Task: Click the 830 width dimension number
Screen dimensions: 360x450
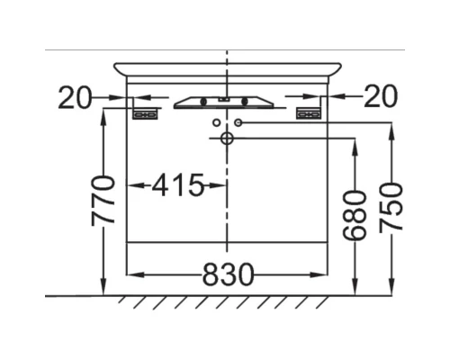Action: pyautogui.click(x=228, y=273)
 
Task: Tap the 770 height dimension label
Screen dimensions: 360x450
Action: pyautogui.click(x=105, y=201)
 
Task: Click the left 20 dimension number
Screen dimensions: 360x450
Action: pyautogui.click(x=75, y=97)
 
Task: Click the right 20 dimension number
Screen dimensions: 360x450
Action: pyautogui.click(x=379, y=97)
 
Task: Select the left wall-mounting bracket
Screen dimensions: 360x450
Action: pyautogui.click(x=146, y=112)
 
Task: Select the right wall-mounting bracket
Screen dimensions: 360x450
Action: pyautogui.click(x=309, y=112)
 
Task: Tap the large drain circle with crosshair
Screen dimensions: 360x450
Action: pyautogui.click(x=227, y=138)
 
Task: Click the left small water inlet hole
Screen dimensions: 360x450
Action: pyautogui.click(x=216, y=121)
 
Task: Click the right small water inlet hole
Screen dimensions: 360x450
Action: pyautogui.click(x=238, y=121)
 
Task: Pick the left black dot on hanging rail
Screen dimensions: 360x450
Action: pyautogui.click(x=204, y=101)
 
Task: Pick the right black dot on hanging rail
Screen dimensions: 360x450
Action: pyautogui.click(x=244, y=101)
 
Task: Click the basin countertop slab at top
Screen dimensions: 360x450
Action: pyautogui.click(x=227, y=69)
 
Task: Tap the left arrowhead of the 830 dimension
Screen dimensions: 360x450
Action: pyautogui.click(x=131, y=273)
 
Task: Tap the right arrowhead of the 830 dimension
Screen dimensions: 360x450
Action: pyautogui.click(x=323, y=273)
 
